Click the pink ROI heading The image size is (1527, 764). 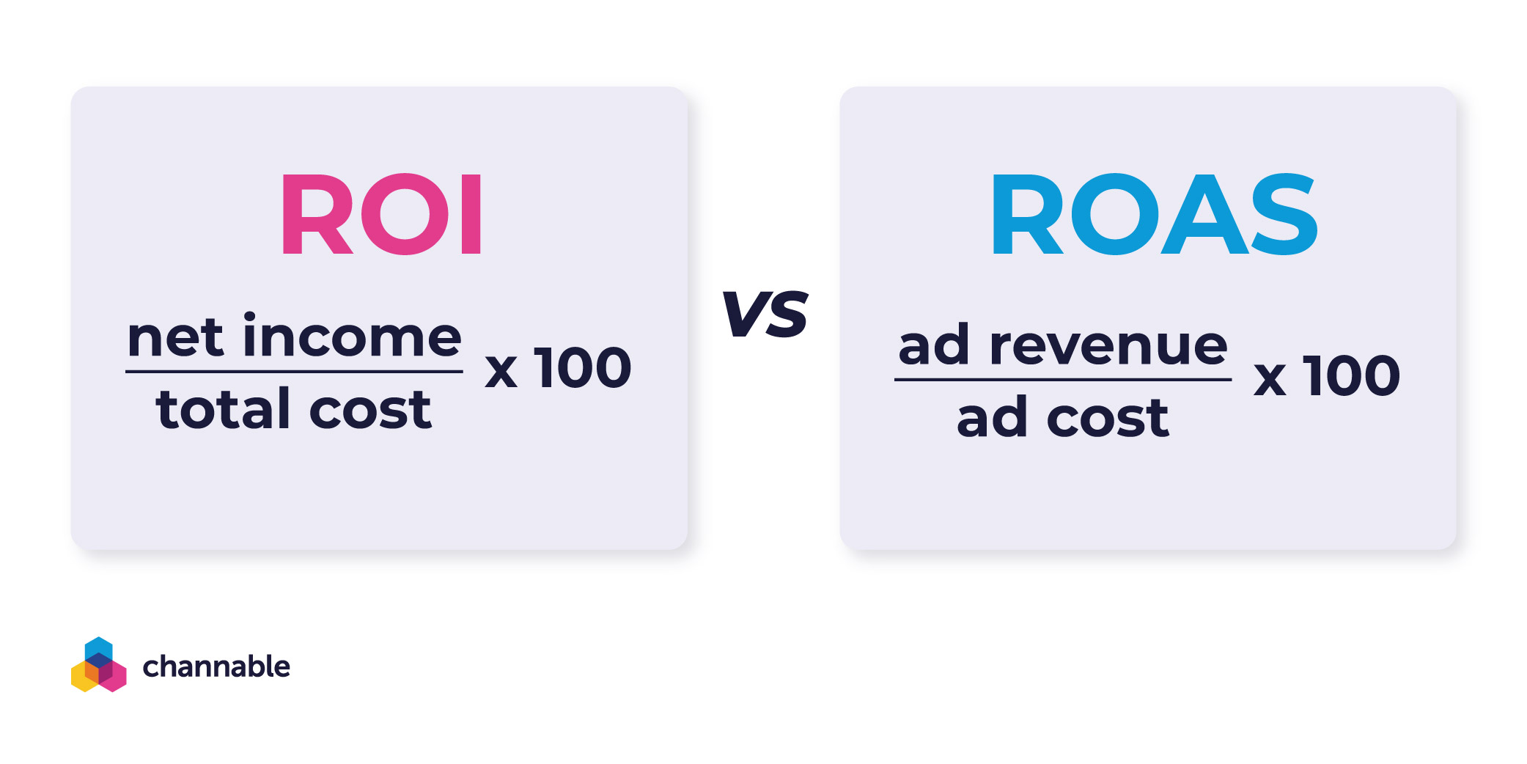(381, 214)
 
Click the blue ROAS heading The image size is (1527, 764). (1154, 214)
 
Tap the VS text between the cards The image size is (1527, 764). (765, 314)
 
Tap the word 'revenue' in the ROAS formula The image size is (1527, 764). (1108, 346)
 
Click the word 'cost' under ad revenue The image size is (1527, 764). (1108, 419)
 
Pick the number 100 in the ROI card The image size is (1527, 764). (583, 368)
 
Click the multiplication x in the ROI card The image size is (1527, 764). (501, 372)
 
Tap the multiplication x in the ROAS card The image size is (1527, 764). (1270, 380)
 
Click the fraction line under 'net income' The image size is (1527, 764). (294, 372)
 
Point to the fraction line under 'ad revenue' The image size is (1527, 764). (1062, 380)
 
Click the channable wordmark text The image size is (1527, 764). (216, 666)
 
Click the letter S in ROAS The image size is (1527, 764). (1284, 214)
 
